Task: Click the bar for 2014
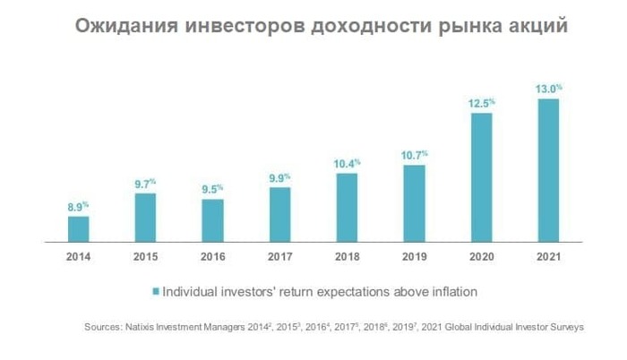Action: click(79, 229)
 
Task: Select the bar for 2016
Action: click(212, 220)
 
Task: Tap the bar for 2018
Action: click(347, 207)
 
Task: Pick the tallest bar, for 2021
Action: click(547, 170)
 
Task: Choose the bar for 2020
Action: click(481, 177)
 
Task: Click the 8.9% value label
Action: click(79, 207)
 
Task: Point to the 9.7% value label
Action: click(146, 184)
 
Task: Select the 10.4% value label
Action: click(347, 163)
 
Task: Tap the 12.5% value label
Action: click(481, 104)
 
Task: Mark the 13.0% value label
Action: click(547, 89)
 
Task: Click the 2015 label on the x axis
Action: click(145, 257)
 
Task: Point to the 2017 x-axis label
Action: click(279, 257)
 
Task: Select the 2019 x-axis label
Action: click(413, 257)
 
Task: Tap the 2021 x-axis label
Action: click(547, 257)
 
